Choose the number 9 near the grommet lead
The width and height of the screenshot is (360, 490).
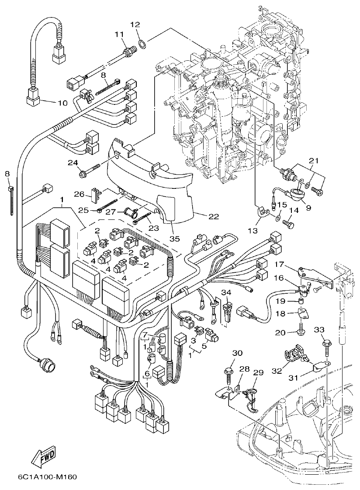pyautogui.click(x=308, y=208)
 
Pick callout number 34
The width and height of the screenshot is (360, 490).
pyautogui.click(x=226, y=292)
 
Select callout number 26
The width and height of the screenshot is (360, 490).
pyautogui.click(x=79, y=194)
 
